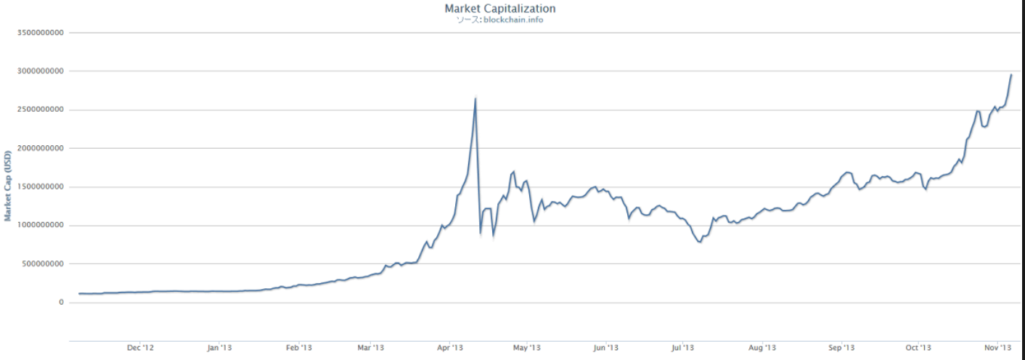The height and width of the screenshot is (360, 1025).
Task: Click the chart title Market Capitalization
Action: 499,9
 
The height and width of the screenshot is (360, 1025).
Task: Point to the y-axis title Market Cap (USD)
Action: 8,187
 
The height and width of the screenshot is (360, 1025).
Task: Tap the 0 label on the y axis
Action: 61,302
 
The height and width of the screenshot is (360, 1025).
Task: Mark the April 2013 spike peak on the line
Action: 475,98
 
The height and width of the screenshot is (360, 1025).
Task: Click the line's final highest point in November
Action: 1011,75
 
